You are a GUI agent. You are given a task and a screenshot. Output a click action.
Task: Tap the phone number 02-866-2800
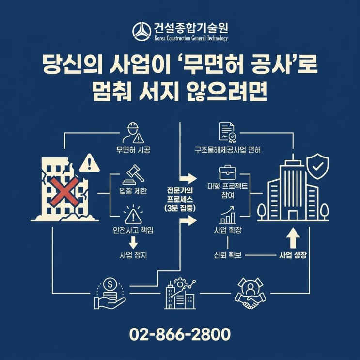pyautogui.click(x=180, y=334)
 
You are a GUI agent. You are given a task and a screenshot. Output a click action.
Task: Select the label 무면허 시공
pyautogui.click(x=133, y=150)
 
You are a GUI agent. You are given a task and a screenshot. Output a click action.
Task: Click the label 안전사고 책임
pyautogui.click(x=133, y=230)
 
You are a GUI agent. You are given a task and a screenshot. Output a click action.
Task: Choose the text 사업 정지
pyautogui.click(x=133, y=254)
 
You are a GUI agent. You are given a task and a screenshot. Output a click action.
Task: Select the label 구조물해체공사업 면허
pyautogui.click(x=228, y=150)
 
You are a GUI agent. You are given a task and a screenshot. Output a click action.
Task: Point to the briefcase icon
pyautogui.click(x=227, y=172)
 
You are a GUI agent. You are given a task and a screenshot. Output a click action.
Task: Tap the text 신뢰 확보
pyautogui.click(x=227, y=255)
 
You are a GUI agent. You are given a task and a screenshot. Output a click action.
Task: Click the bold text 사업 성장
pyautogui.click(x=293, y=255)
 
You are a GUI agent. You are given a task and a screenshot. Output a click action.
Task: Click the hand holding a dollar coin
pyautogui.click(x=109, y=293)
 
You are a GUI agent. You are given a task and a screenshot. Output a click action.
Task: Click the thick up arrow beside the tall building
pyautogui.click(x=293, y=237)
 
